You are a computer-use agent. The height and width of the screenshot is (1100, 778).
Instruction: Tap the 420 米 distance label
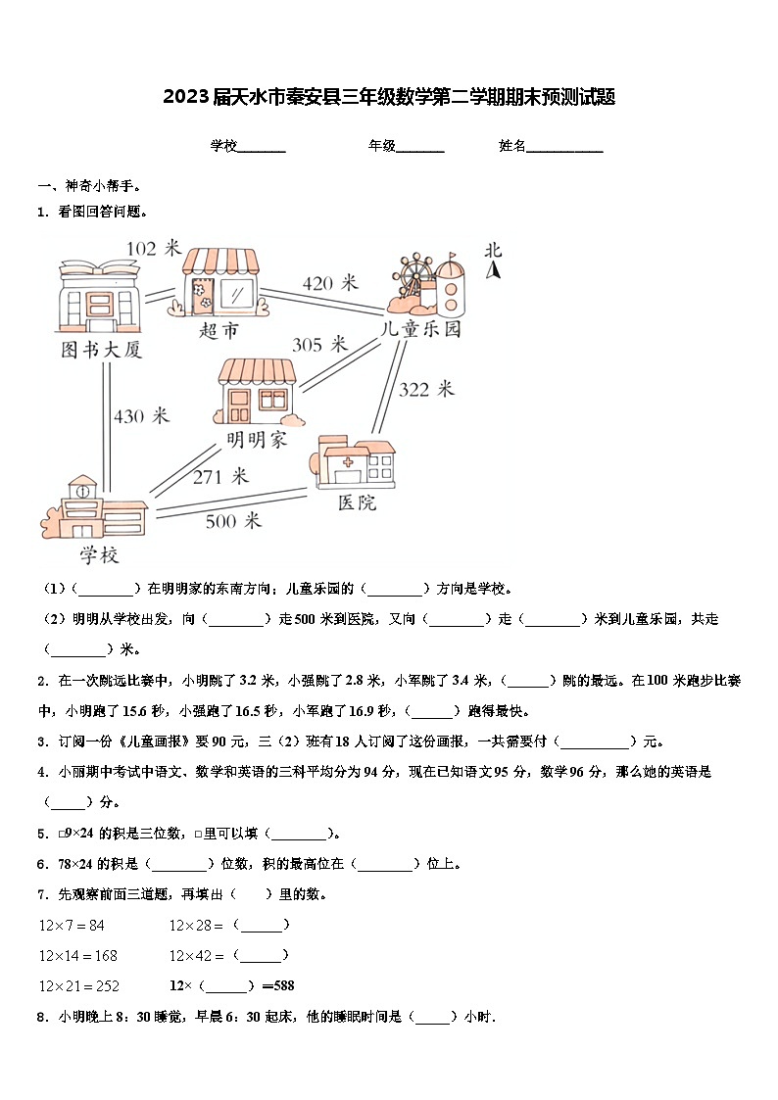coord(330,283)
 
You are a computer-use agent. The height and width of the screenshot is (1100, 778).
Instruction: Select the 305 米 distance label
coord(320,344)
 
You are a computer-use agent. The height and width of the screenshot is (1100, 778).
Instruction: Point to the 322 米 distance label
coord(426,389)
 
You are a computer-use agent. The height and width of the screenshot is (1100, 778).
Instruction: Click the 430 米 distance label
coord(141,416)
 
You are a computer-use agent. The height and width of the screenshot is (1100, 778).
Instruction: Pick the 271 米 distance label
coord(220,477)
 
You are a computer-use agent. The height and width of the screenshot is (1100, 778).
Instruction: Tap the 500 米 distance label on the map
coord(233,521)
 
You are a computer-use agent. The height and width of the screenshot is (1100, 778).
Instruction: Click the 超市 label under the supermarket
coord(218,331)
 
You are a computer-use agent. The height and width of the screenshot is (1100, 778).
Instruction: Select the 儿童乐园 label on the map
coord(420,329)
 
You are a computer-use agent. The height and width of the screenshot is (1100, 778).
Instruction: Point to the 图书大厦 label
coord(102,350)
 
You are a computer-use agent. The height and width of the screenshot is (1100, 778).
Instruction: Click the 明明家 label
coord(257,440)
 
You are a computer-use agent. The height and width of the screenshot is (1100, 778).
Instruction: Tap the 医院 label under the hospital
coord(357,502)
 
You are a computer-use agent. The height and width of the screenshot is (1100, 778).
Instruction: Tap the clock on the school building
coord(83,491)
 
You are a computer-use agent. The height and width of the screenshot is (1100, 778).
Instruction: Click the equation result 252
coord(104,985)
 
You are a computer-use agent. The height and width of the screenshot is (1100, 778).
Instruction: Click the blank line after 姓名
coord(565,147)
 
